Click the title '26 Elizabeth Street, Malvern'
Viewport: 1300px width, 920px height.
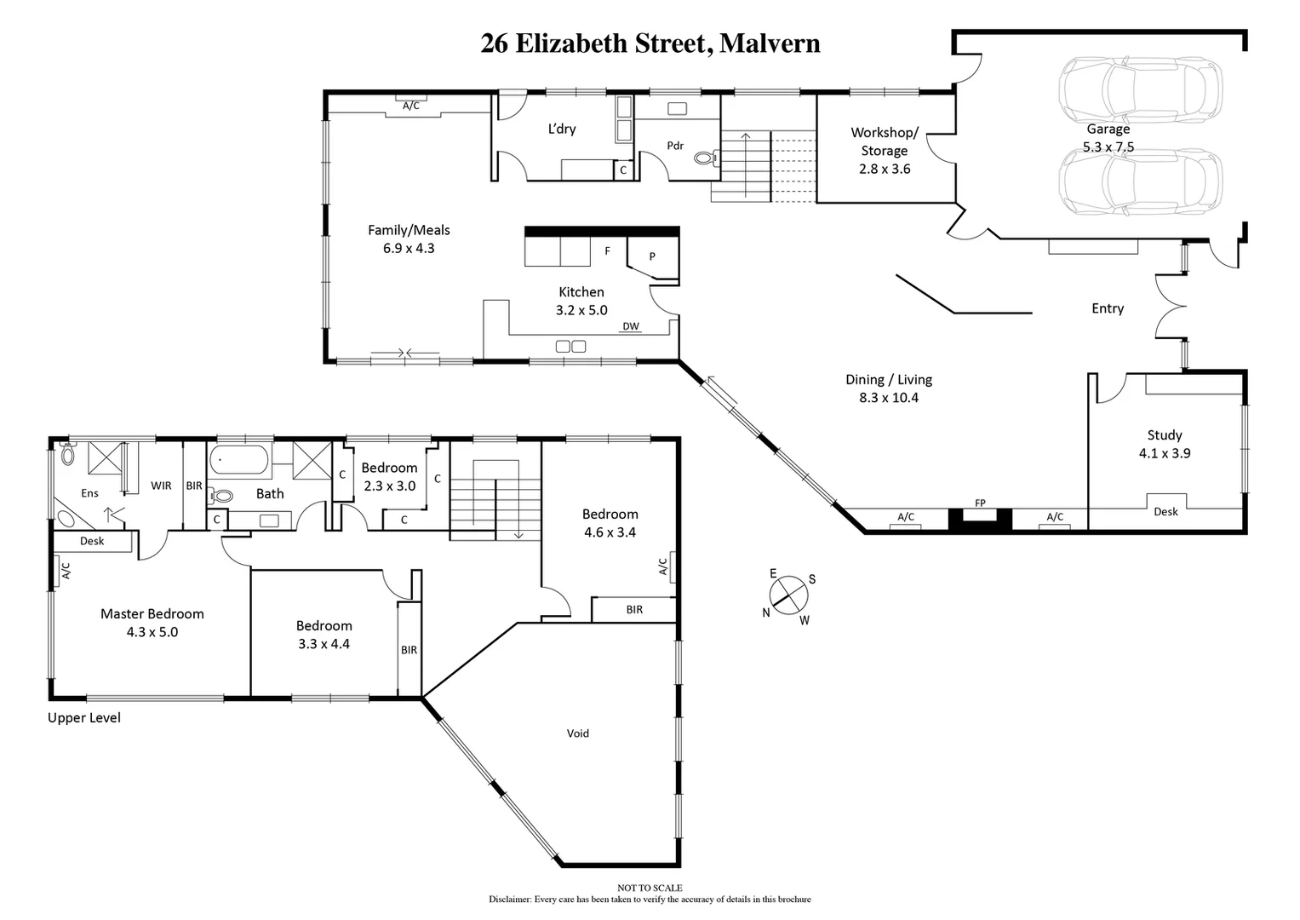click(x=650, y=43)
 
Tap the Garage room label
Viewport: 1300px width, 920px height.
click(x=1108, y=129)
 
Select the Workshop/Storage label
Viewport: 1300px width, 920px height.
click(x=885, y=141)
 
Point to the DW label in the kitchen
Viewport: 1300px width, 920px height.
click(x=630, y=326)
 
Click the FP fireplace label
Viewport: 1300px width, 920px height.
click(x=980, y=503)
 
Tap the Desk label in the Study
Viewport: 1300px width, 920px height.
click(x=1165, y=511)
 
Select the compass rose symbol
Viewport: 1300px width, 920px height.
click(x=789, y=594)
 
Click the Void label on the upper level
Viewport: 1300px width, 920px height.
click(x=577, y=733)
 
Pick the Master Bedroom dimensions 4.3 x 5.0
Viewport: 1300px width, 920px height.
click(x=152, y=632)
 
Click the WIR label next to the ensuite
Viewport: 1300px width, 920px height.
click(x=161, y=486)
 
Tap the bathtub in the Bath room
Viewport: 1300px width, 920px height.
click(x=239, y=460)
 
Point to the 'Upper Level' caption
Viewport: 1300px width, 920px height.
click(x=84, y=718)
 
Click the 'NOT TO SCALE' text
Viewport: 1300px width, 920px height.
click(x=650, y=888)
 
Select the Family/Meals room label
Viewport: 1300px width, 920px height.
click(x=409, y=230)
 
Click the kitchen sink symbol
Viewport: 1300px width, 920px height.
click(x=570, y=346)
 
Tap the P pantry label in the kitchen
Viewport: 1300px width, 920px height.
click(x=652, y=256)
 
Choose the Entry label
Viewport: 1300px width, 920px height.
click(x=1108, y=308)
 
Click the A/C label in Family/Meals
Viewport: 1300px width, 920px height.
click(x=410, y=106)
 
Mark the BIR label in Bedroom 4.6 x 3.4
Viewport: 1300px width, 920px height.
click(x=634, y=609)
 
